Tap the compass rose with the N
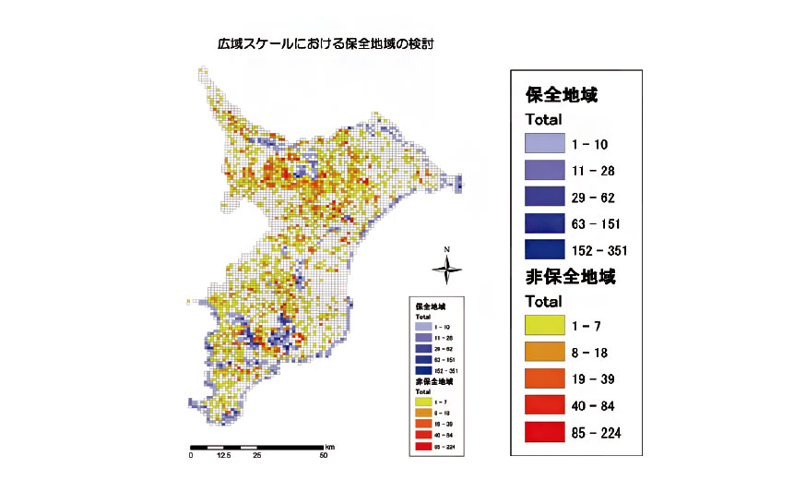click(x=446, y=268)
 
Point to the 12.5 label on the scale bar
click(x=223, y=455)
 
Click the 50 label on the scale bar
click(x=324, y=455)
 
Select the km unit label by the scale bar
click(x=329, y=446)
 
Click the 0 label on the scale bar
click(x=191, y=455)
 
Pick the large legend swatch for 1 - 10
click(x=544, y=144)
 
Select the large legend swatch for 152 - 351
click(x=544, y=249)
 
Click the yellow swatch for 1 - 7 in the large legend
click(x=544, y=325)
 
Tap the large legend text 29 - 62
click(x=594, y=198)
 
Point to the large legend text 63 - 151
click(x=598, y=224)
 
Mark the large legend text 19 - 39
click(x=594, y=379)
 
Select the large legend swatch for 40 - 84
click(x=544, y=405)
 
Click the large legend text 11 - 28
click(x=594, y=171)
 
